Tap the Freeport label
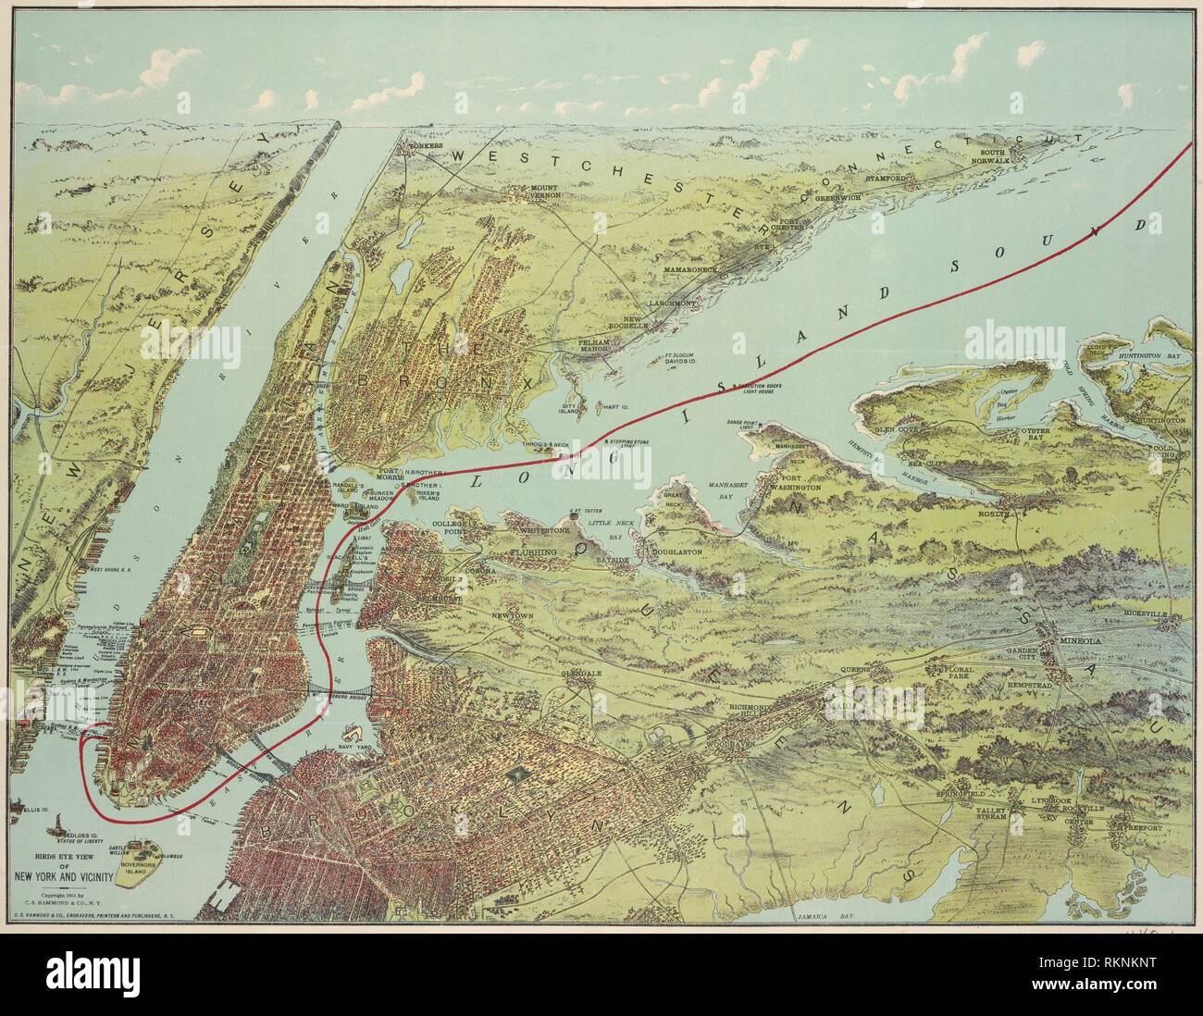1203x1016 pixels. pos(1144,816)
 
